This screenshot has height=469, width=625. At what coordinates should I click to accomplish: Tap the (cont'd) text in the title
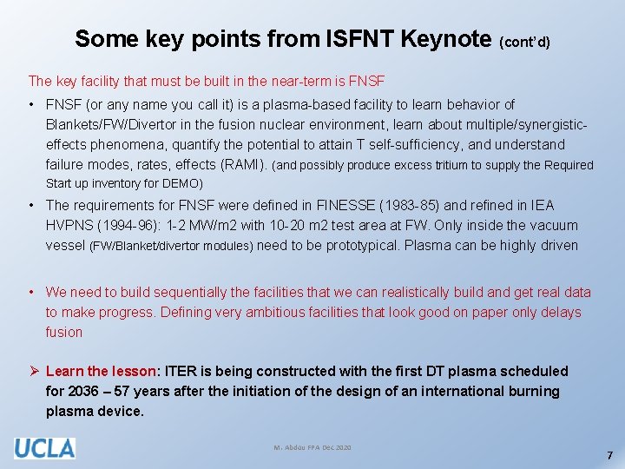pyautogui.click(x=525, y=41)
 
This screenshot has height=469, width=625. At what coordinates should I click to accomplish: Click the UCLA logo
pyautogui.click(x=44, y=447)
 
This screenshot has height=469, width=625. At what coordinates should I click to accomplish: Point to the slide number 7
pyautogui.click(x=609, y=455)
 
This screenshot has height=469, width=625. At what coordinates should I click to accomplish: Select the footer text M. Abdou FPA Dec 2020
pyautogui.click(x=312, y=447)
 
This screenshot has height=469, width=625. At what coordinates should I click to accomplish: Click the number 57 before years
pyautogui.click(x=120, y=391)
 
